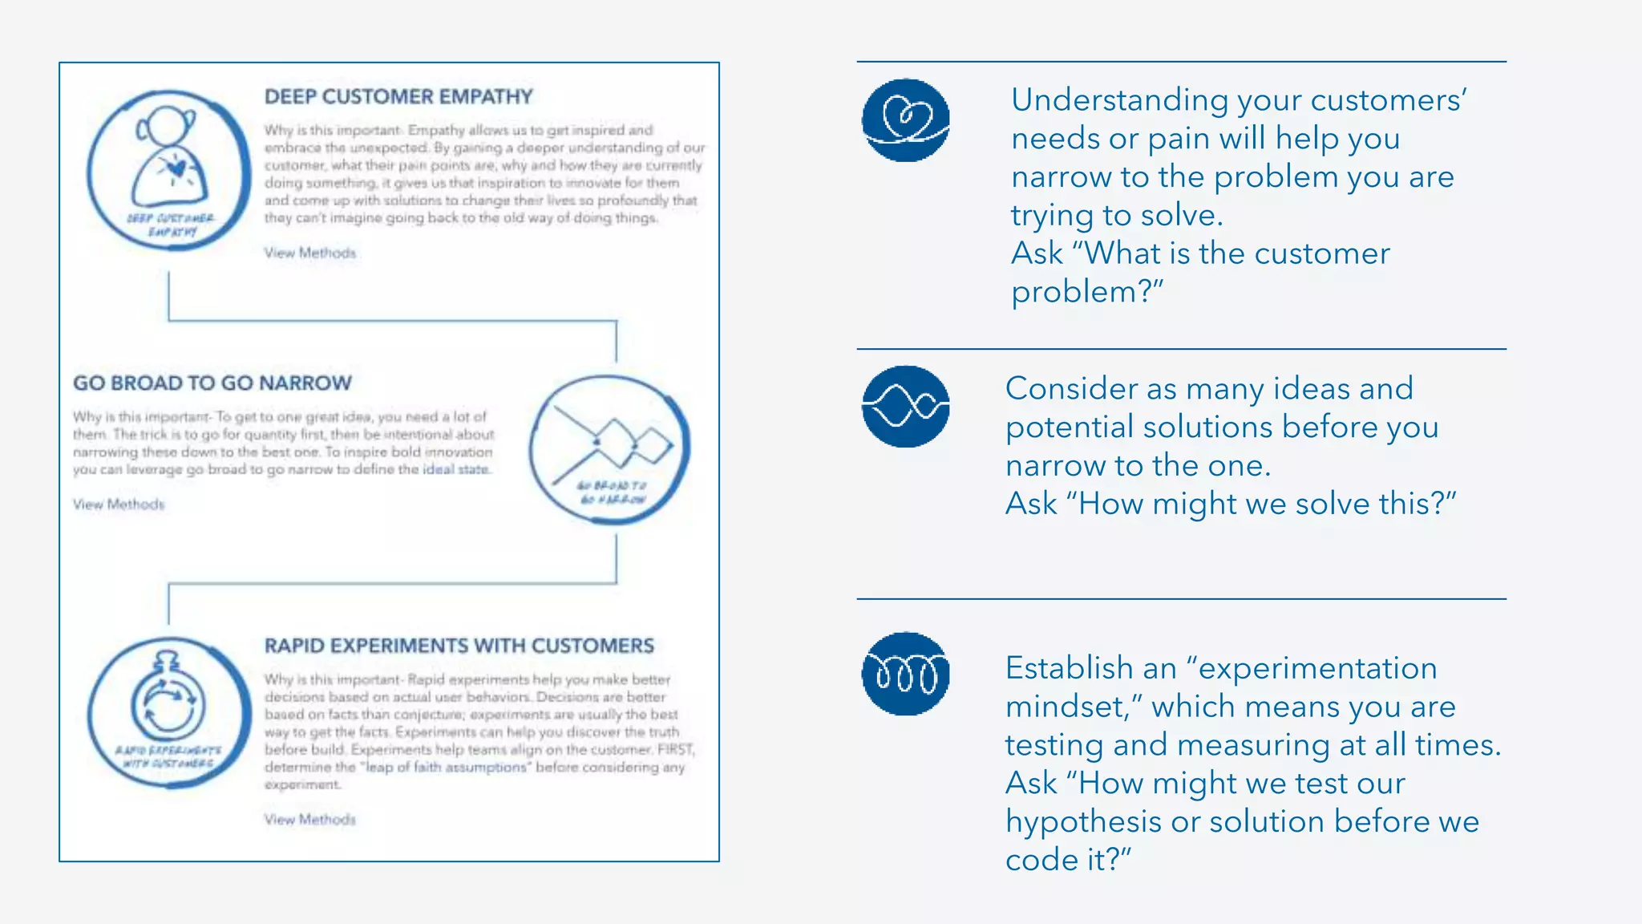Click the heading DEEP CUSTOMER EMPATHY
(398, 97)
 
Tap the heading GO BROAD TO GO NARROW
(212, 383)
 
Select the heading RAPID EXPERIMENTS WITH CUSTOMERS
(459, 646)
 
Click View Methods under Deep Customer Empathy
(310, 253)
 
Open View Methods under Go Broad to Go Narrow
(119, 505)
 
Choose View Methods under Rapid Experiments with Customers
(310, 819)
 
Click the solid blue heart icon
(905, 120)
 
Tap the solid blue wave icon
(905, 406)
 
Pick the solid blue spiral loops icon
(905, 673)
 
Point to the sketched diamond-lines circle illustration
(609, 449)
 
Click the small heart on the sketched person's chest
(176, 168)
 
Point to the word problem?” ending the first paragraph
(1086, 292)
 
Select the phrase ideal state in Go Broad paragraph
(455, 469)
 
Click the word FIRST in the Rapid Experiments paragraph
(675, 750)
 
